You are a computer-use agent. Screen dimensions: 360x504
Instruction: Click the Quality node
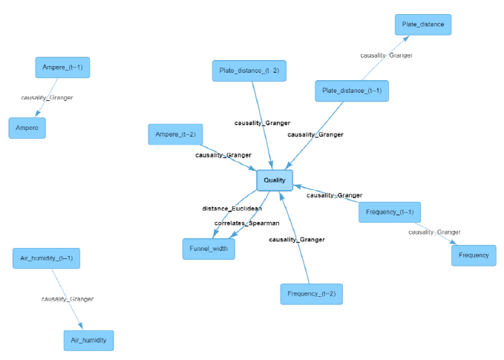pos(275,180)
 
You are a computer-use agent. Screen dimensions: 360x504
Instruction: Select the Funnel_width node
pos(209,249)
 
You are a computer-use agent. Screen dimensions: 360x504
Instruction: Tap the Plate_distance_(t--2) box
pos(249,71)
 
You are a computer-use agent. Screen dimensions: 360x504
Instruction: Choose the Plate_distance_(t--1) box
pos(352,91)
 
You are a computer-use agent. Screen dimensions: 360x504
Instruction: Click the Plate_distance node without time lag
pos(422,24)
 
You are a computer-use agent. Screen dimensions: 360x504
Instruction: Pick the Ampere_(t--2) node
pos(175,134)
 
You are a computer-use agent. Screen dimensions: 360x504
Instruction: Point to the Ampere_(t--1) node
pos(62,67)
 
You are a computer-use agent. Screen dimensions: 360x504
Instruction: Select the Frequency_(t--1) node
pos(390,212)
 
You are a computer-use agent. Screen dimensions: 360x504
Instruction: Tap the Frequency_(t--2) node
pos(312,294)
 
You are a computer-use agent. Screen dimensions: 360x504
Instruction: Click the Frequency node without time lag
pos(474,255)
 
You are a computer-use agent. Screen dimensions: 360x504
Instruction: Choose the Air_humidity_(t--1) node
pos(47,258)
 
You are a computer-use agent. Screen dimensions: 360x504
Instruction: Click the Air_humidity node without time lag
pos(88,341)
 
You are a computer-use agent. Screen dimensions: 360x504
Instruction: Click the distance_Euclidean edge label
pos(232,209)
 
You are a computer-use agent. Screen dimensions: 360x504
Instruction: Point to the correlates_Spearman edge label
pos(247,223)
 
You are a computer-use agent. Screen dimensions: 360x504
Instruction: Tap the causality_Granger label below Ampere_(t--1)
pos(48,97)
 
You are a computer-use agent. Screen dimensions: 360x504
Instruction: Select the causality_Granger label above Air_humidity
pos(68,299)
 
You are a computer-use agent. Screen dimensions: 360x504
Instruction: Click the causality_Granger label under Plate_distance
pos(386,56)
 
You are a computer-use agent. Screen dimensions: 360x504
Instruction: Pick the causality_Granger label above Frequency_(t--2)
pos(296,240)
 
